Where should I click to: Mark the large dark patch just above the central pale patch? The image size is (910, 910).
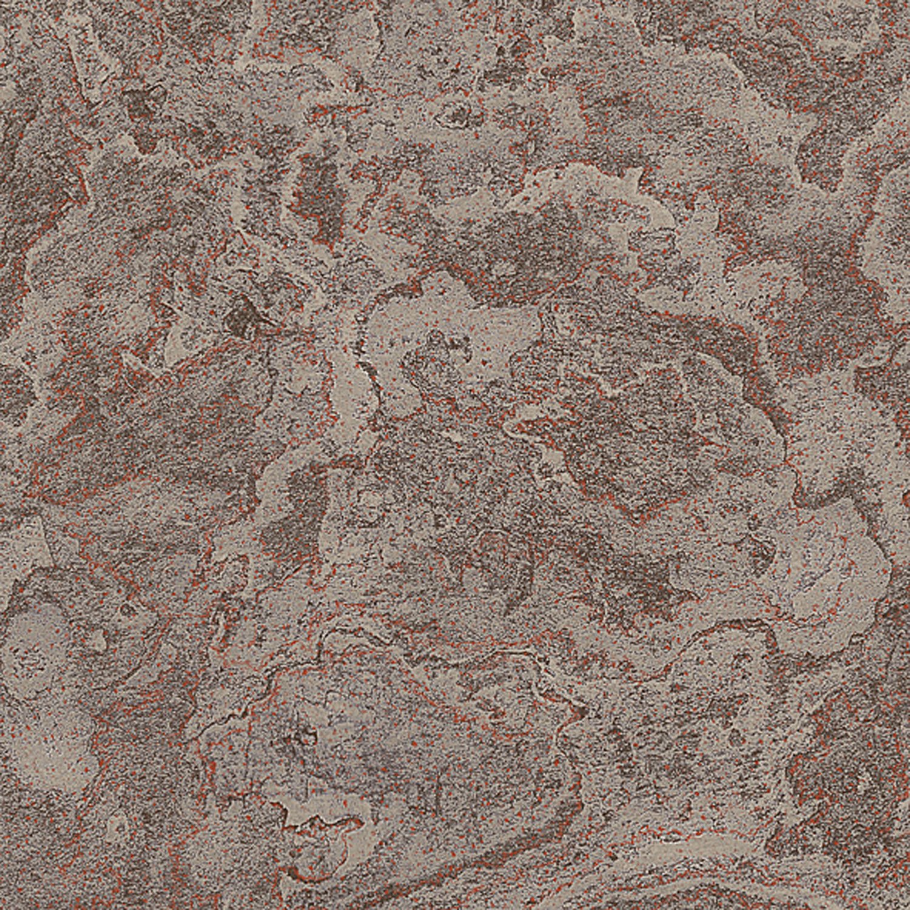pos(522,243)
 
